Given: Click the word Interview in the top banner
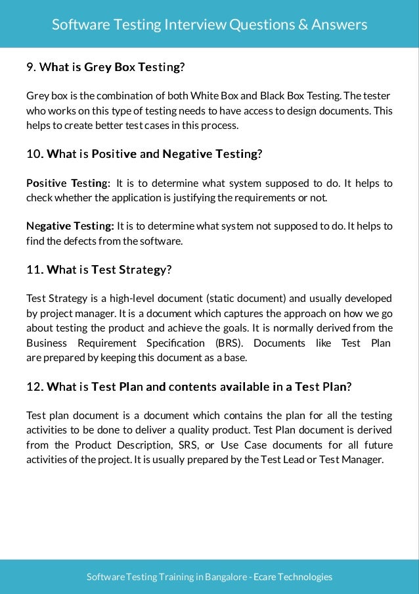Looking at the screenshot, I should (193, 25).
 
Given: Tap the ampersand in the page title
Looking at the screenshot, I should (304, 25).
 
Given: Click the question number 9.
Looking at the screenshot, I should (30, 67).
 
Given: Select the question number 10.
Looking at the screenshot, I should (34, 154).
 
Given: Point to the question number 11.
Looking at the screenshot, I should (34, 270).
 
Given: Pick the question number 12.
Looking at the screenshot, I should (34, 387).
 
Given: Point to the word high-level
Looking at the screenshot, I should (127, 299).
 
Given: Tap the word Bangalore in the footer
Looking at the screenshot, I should (223, 577).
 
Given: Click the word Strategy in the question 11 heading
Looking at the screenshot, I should (144, 270).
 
